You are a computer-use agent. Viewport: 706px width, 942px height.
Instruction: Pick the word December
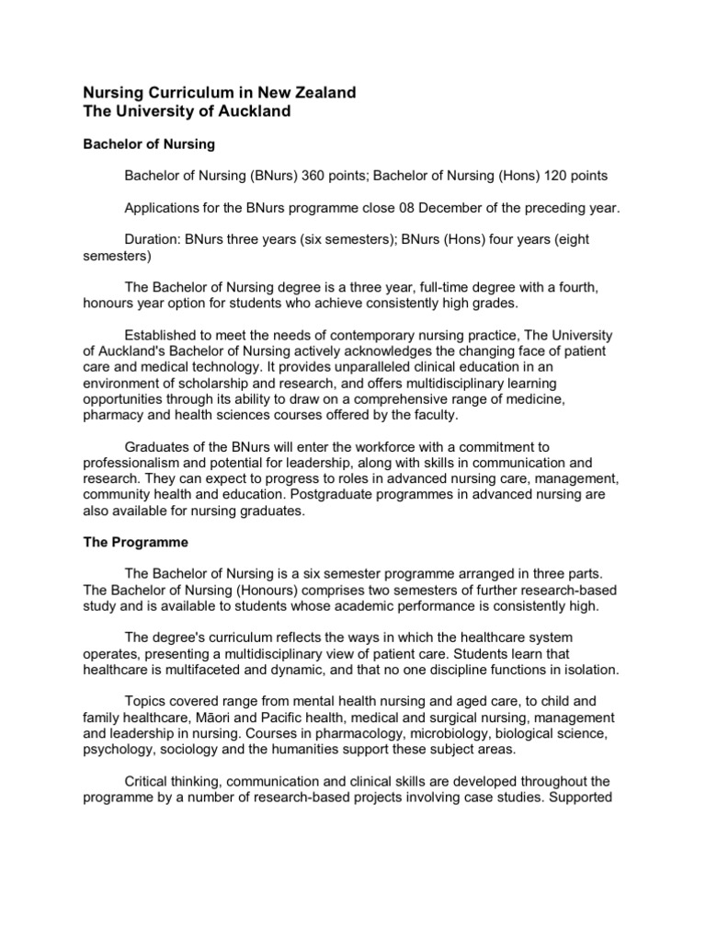tap(431, 207)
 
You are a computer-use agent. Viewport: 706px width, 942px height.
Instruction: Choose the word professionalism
tap(135, 463)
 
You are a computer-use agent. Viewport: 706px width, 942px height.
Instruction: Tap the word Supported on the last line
tap(581, 797)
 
